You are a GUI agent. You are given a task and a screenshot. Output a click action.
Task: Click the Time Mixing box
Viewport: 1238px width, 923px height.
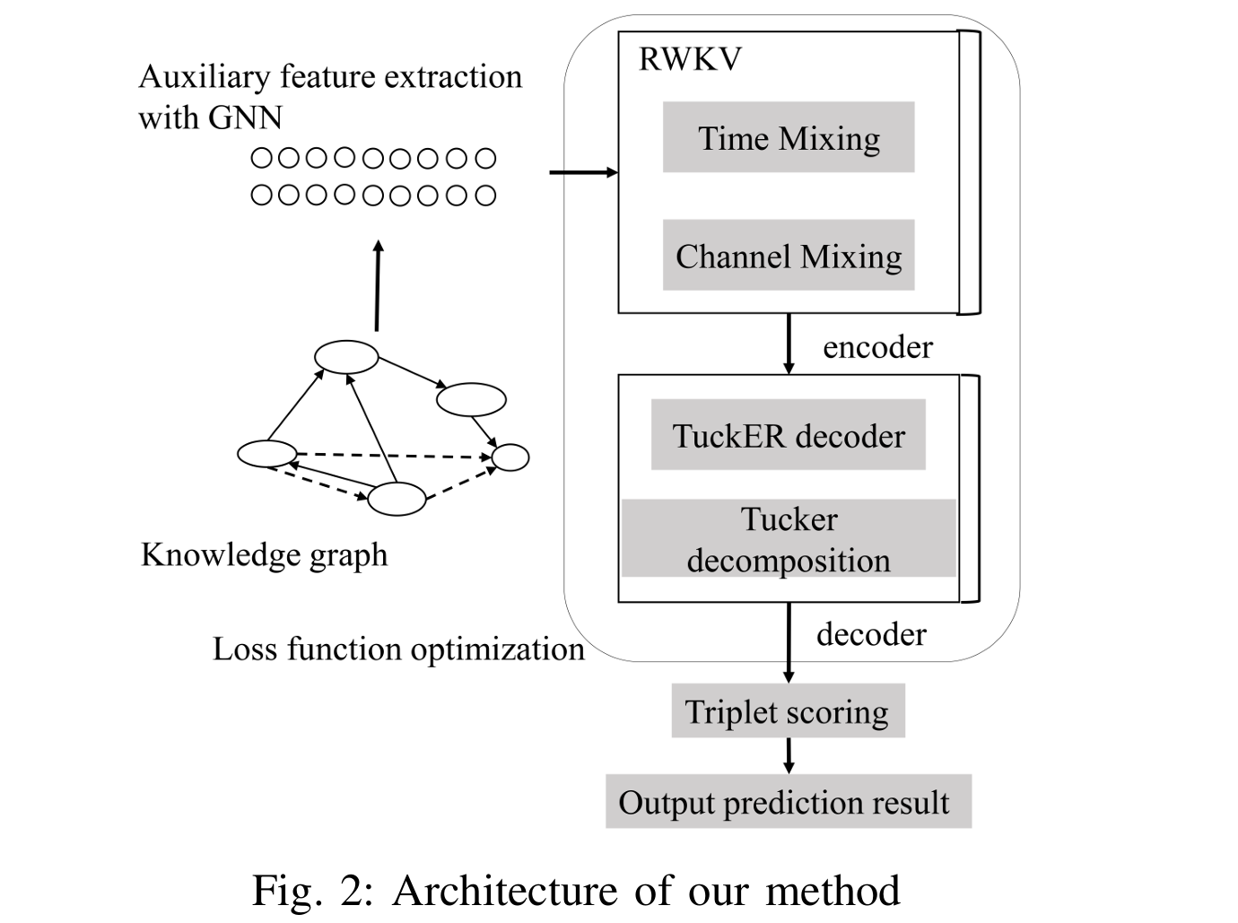(788, 137)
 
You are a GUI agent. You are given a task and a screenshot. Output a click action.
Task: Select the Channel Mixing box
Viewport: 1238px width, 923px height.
(788, 256)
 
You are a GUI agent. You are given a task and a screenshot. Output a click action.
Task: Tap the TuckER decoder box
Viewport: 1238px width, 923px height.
(788, 435)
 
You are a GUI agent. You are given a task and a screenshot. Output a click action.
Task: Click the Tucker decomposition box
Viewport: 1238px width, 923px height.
(788, 539)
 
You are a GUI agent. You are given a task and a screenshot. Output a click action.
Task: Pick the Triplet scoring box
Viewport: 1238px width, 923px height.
(788, 711)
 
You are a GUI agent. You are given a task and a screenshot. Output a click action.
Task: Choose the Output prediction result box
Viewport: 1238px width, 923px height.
(788, 801)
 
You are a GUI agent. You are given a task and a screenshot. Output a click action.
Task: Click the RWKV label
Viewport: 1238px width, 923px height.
(689, 59)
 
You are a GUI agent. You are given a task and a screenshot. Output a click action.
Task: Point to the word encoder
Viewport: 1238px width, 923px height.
(877, 347)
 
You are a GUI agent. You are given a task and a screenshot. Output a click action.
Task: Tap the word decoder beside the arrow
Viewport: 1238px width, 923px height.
(870, 634)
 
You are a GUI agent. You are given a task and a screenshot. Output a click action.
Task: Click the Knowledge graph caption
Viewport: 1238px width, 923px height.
(264, 554)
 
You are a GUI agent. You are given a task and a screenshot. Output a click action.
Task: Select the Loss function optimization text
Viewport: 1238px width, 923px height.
(398, 649)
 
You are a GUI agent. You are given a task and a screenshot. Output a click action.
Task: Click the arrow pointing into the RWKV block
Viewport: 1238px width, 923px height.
(583, 172)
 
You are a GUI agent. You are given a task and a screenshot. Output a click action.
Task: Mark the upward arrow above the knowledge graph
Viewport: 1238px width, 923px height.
(378, 285)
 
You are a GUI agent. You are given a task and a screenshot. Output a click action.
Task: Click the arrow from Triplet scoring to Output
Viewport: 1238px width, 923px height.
(789, 755)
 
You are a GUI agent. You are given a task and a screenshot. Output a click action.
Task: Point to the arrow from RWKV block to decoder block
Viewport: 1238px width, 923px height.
(789, 344)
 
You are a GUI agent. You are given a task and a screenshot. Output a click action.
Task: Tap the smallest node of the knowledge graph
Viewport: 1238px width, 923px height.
(510, 457)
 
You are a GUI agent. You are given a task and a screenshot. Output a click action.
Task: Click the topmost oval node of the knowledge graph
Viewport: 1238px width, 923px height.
(346, 357)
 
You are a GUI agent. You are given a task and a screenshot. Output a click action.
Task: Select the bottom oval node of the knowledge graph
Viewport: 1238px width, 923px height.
(397, 499)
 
